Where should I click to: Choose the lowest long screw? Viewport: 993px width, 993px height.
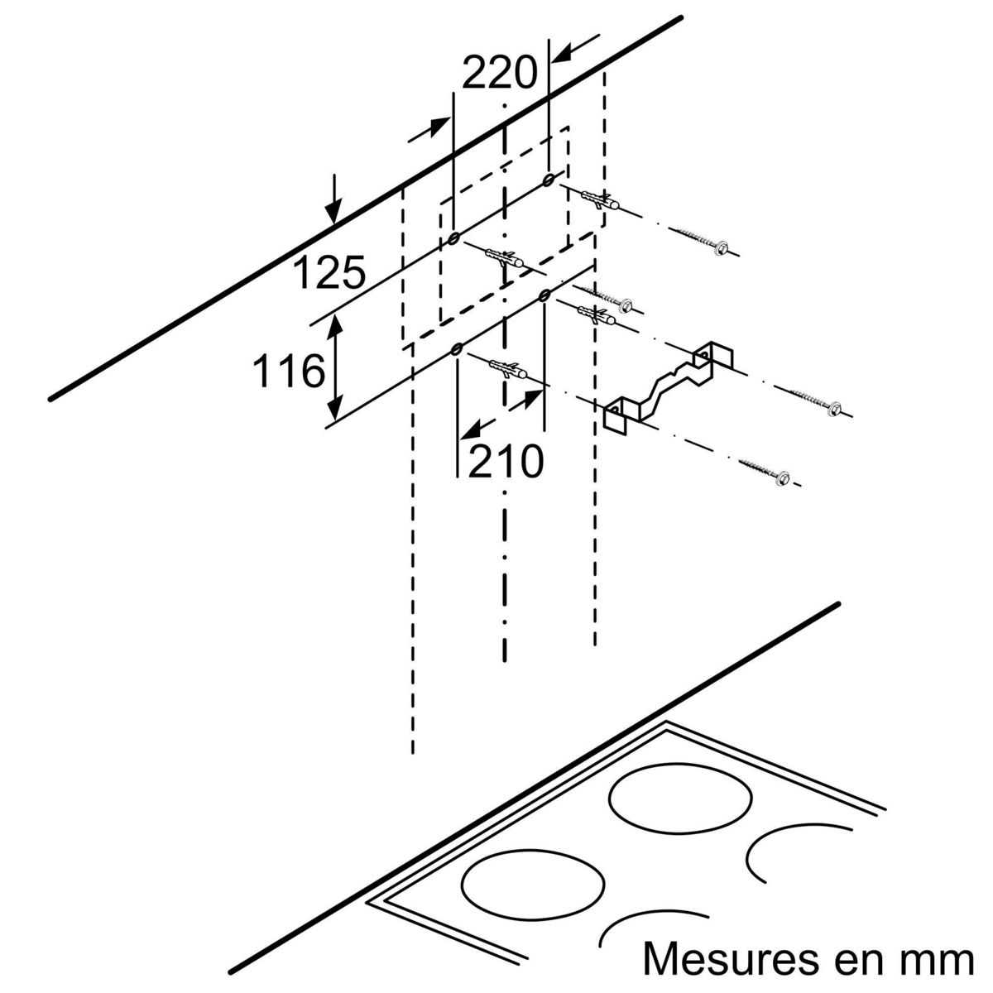[765, 469]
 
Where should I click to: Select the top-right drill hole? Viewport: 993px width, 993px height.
[548, 180]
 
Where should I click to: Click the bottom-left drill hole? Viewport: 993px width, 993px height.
[456, 352]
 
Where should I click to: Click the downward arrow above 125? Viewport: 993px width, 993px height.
[333, 199]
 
